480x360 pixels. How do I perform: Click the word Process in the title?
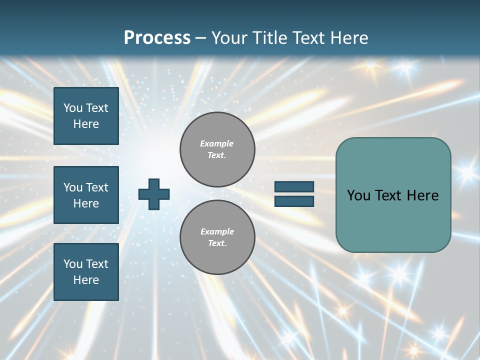(157, 37)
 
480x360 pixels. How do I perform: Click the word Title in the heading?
(265, 37)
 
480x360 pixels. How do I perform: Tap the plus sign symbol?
(154, 194)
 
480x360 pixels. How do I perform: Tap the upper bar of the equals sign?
(294, 187)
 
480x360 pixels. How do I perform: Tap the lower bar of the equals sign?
(294, 201)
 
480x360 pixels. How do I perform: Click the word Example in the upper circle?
(217, 143)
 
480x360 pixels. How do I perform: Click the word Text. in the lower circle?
(217, 243)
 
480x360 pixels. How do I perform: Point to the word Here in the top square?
(86, 124)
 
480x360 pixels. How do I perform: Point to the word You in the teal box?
(358, 195)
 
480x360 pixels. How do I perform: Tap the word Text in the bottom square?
(97, 264)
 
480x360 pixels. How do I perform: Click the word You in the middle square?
(73, 187)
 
